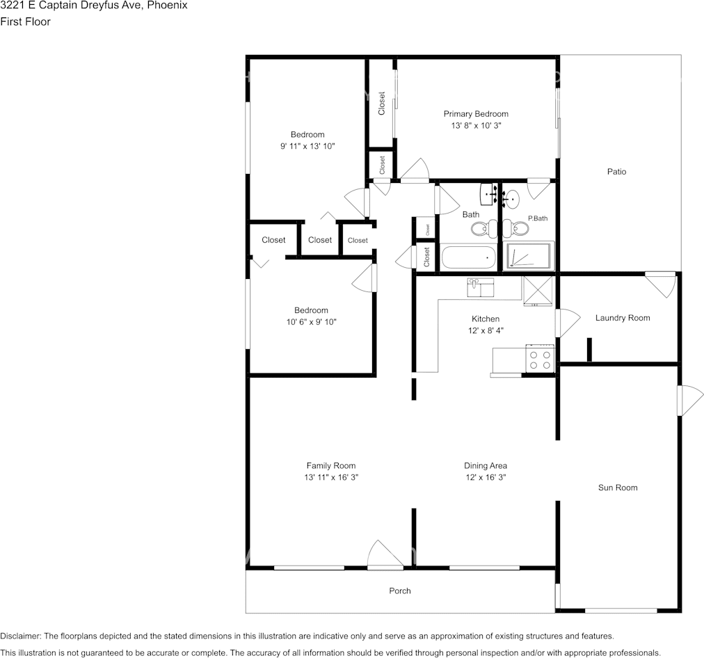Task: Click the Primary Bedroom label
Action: point(476,114)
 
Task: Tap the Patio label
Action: point(616,172)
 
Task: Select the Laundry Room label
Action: point(623,318)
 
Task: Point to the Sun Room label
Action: point(618,488)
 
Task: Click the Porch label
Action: point(399,591)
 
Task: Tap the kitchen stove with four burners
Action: point(540,358)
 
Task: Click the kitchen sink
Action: point(481,287)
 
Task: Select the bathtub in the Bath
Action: point(469,257)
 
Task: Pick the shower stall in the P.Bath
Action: point(529,256)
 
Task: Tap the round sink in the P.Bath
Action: point(511,199)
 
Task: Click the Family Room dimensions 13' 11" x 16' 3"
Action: point(331,478)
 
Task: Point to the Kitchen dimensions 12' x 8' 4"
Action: point(486,330)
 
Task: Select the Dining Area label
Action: point(486,466)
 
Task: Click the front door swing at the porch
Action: point(385,555)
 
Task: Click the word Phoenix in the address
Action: point(168,6)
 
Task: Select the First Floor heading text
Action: point(26,22)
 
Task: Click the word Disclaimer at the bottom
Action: point(20,636)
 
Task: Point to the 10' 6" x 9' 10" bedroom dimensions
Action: point(311,322)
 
